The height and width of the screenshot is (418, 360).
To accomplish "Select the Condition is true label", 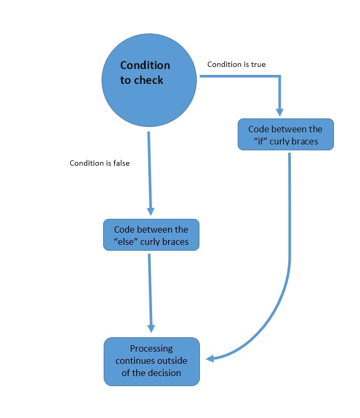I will pos(236,64).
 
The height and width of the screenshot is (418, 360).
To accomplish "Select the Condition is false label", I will pos(99,163).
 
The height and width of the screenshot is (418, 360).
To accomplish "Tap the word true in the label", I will pos(257,64).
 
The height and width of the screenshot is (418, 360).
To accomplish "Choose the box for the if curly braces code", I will pos(286,134).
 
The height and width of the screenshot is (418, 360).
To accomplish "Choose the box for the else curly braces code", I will pos(151,235).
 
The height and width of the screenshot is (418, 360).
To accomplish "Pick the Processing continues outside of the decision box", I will pos(152,361).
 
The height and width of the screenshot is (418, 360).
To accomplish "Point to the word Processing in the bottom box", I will pos(152,349).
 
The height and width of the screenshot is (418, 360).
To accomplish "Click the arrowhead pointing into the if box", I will pos(280,112).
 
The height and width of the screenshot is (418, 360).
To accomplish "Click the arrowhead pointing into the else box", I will pos(150,211).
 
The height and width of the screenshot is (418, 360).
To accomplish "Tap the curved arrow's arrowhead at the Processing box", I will pos(210,359).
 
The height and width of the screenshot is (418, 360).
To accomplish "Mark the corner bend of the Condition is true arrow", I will pos(280,76).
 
